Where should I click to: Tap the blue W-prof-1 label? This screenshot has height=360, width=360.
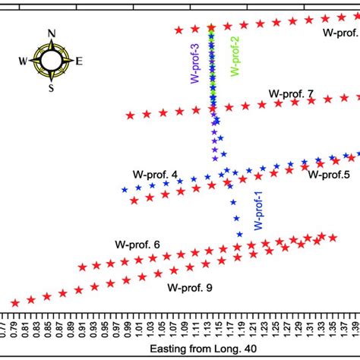click(x=257, y=210)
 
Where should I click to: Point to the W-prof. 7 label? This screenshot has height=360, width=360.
click(x=291, y=93)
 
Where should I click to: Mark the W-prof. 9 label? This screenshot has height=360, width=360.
click(x=190, y=288)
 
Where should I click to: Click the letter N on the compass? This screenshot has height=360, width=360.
click(x=52, y=33)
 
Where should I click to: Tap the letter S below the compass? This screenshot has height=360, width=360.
click(x=52, y=87)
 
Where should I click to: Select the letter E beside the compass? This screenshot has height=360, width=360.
click(x=80, y=61)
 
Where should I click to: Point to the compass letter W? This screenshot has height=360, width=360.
click(x=24, y=61)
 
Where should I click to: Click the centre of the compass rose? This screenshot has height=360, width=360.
click(x=52, y=60)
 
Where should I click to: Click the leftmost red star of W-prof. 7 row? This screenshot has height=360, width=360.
click(x=130, y=115)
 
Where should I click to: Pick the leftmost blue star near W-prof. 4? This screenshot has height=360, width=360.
click(x=125, y=189)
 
